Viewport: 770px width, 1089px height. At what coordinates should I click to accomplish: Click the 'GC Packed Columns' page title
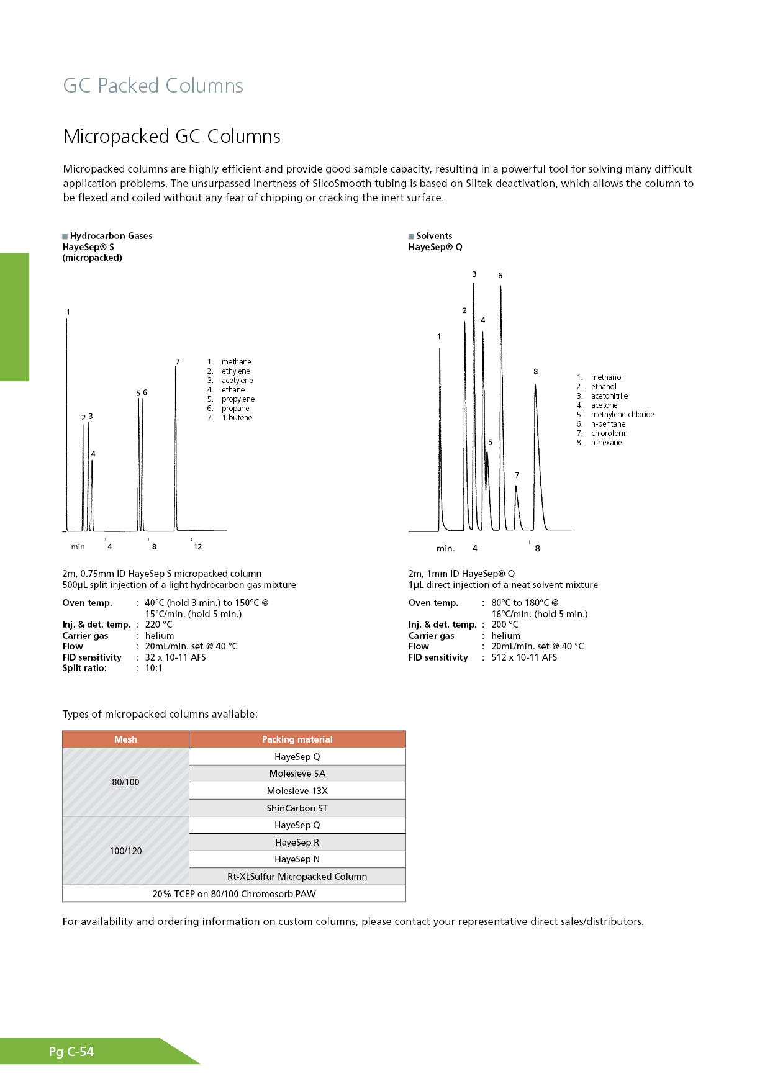[153, 86]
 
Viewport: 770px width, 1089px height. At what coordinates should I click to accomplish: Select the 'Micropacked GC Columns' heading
[171, 137]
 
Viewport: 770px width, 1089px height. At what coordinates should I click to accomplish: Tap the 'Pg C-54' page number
[71, 1052]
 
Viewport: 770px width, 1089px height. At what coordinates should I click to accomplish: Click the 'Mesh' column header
[125, 739]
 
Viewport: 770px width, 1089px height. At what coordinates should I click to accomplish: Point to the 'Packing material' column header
[297, 739]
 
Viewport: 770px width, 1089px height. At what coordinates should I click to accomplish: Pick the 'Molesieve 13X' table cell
[297, 791]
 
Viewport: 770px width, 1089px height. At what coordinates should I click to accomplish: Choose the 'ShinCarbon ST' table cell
[297, 808]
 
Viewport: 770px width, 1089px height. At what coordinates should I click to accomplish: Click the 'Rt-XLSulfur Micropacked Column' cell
[297, 877]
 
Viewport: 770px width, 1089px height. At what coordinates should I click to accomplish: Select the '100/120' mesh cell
[125, 851]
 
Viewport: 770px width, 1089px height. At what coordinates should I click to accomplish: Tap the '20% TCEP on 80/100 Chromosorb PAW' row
[234, 894]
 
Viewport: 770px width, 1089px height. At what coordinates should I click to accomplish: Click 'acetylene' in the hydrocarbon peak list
[237, 381]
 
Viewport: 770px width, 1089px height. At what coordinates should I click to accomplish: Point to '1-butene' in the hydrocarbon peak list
[237, 418]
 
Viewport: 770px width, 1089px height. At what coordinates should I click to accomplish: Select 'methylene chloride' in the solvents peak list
[622, 415]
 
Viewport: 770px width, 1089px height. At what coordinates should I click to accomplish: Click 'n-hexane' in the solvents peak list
[606, 443]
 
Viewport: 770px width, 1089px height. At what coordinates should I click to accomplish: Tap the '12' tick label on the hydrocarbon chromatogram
[197, 547]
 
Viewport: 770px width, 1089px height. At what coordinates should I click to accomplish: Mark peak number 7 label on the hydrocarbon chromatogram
[178, 362]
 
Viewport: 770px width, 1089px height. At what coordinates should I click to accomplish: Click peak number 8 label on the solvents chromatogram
[535, 372]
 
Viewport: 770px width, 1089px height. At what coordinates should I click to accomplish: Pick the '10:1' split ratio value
[153, 669]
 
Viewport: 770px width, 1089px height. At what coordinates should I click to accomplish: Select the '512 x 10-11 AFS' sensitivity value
[524, 657]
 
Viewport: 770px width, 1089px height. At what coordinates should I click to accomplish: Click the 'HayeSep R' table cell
[297, 843]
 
